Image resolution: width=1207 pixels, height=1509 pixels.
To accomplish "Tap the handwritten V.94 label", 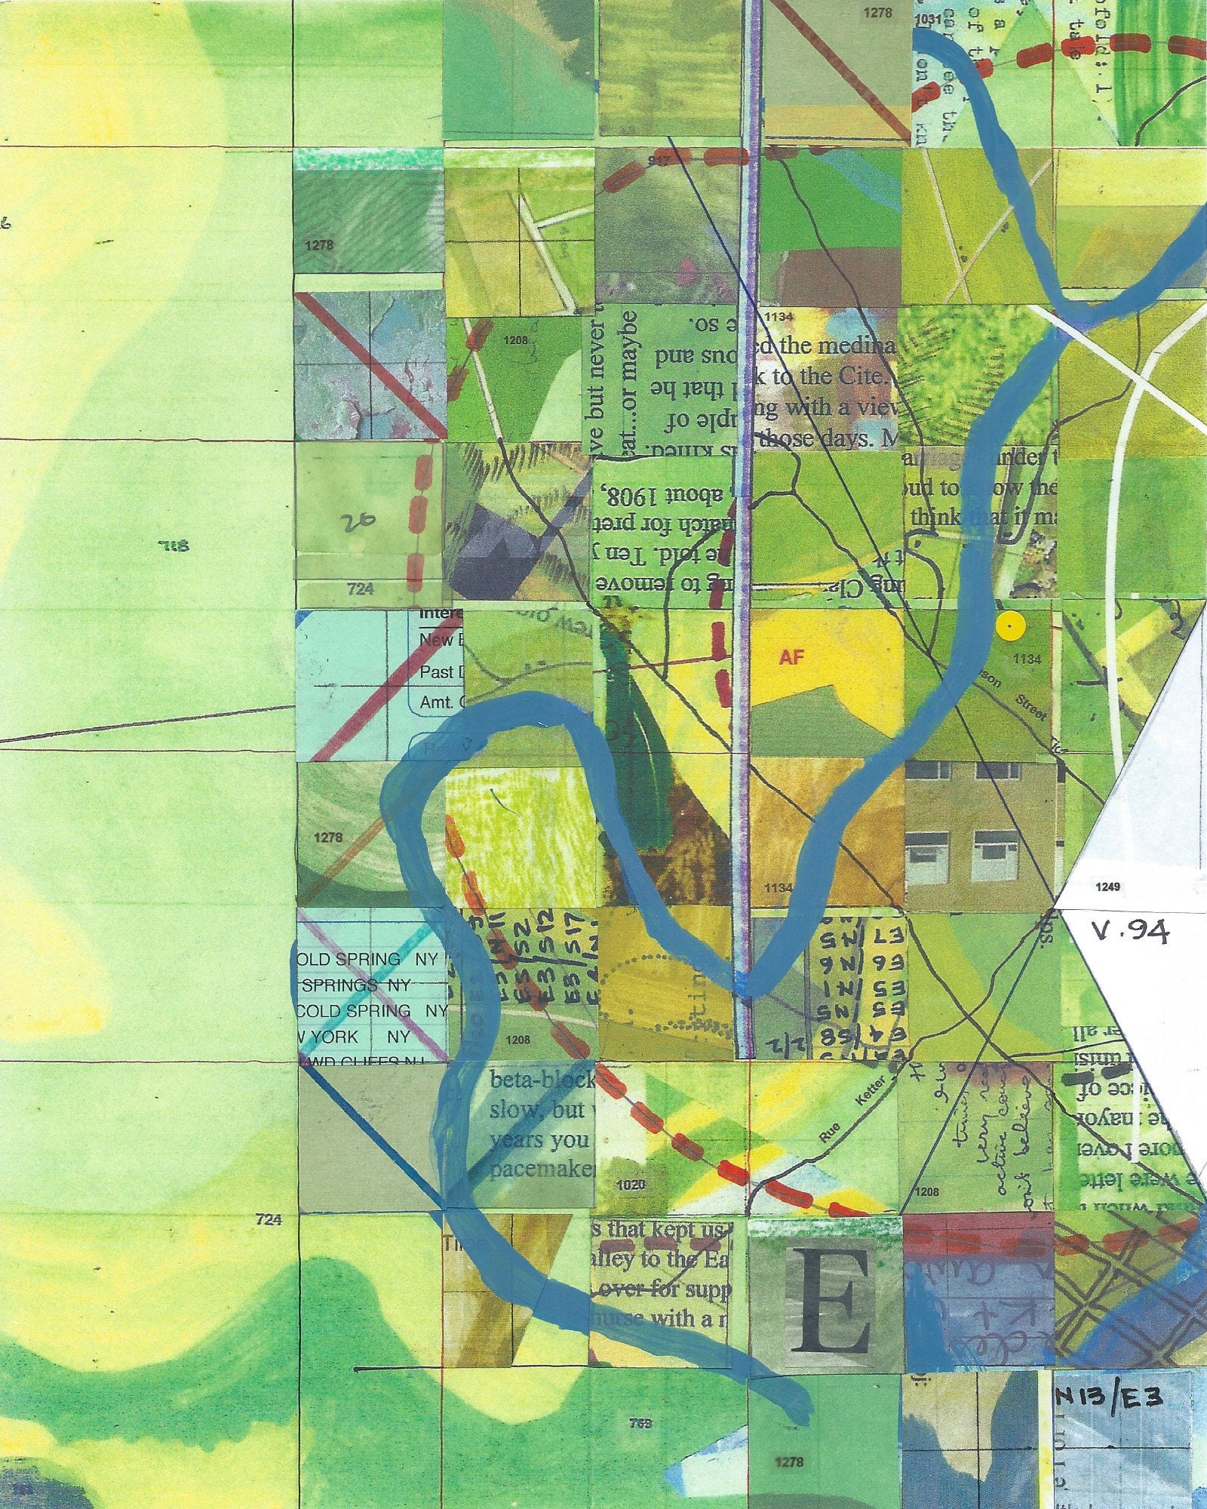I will pyautogui.click(x=1131, y=933).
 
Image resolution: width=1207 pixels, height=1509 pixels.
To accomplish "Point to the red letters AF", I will pyautogui.click(x=791, y=657).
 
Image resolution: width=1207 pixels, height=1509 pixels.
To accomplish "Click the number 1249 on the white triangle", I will pyautogui.click(x=1107, y=887).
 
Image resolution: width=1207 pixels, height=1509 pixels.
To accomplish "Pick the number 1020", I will pyautogui.click(x=631, y=1185).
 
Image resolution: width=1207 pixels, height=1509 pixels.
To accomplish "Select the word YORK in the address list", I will pyautogui.click(x=335, y=1037).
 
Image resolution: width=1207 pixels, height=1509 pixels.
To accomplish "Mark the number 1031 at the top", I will pyautogui.click(x=927, y=19).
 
